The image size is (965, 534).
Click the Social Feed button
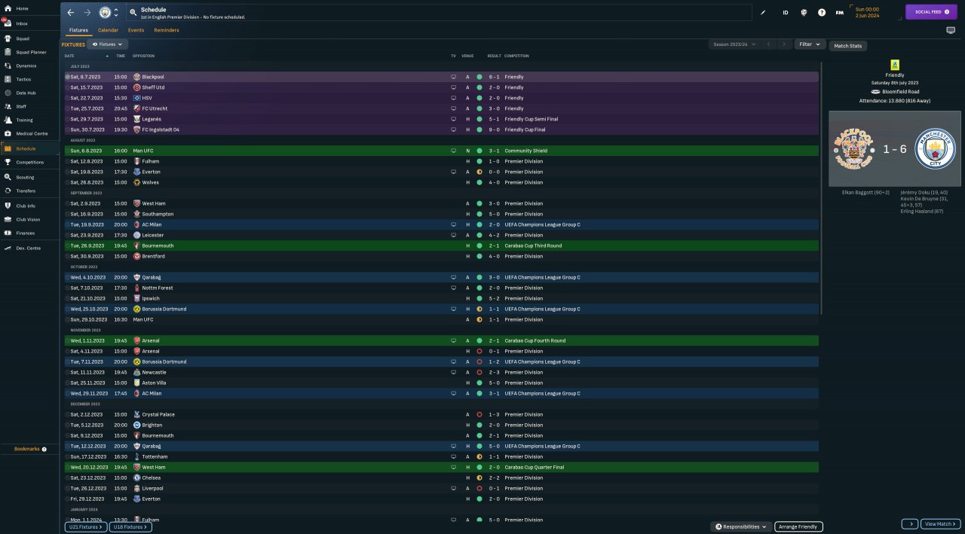(x=930, y=12)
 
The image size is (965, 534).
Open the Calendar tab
(x=108, y=30)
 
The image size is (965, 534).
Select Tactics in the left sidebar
(x=24, y=79)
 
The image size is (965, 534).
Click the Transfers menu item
(x=26, y=191)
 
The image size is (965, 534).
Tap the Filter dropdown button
(x=810, y=44)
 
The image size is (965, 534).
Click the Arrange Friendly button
(x=798, y=526)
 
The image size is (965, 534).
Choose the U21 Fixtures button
(x=85, y=527)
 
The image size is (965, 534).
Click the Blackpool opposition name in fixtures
(x=153, y=77)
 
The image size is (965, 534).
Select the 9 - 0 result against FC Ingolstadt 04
(x=494, y=130)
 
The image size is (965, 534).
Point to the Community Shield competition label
(x=526, y=151)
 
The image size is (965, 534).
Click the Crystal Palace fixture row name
(x=158, y=414)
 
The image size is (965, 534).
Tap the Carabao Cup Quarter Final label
(x=535, y=467)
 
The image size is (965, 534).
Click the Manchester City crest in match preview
(x=934, y=149)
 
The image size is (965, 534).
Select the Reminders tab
(x=167, y=30)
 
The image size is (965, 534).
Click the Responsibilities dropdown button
(x=741, y=526)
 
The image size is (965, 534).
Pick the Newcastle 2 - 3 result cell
(x=494, y=372)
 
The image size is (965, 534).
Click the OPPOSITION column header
(x=143, y=56)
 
